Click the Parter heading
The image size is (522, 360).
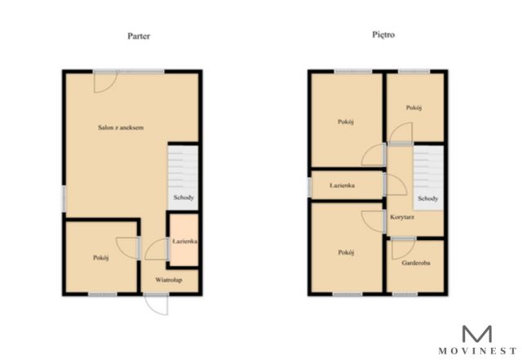[x=139, y=36]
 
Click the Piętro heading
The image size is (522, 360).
[x=383, y=34]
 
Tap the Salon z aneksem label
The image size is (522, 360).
[x=121, y=127]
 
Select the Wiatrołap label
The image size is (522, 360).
[x=169, y=280]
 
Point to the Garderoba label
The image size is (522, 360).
[x=416, y=263]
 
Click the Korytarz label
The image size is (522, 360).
[x=402, y=217]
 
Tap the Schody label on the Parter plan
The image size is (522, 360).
[x=184, y=198]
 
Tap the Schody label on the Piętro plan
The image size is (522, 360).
[x=427, y=198]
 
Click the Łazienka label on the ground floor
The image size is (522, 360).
[x=185, y=241]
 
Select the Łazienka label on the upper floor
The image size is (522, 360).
[x=343, y=185]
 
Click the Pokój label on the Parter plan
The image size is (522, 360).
[x=101, y=258]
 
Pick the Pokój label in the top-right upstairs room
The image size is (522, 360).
[x=414, y=108]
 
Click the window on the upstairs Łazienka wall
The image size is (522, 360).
[x=309, y=187]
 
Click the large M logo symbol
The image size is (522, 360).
[x=477, y=334]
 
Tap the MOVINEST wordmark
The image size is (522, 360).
[x=477, y=351]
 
